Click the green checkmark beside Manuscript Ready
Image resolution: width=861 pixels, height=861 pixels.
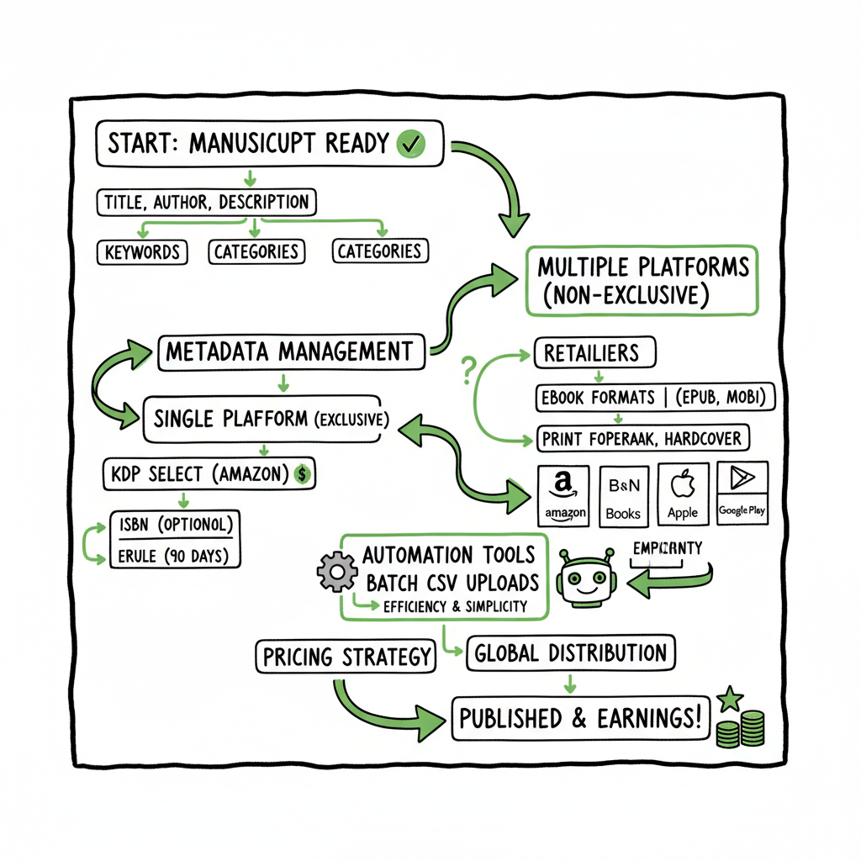pyautogui.click(x=410, y=144)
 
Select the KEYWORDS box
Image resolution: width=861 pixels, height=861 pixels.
pyautogui.click(x=141, y=251)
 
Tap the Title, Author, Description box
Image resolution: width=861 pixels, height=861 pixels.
pyautogui.click(x=206, y=202)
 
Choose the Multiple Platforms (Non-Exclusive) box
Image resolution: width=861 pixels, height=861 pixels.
pyautogui.click(x=642, y=281)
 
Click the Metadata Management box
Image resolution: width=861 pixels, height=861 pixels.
pyautogui.click(x=289, y=351)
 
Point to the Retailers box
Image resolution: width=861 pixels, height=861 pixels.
pyautogui.click(x=595, y=352)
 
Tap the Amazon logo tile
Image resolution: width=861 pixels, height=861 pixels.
pyautogui.click(x=564, y=494)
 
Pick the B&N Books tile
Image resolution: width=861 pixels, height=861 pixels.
pyautogui.click(x=623, y=494)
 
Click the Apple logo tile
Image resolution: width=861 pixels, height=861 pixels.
pyautogui.click(x=683, y=494)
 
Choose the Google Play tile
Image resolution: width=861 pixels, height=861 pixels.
pyautogui.click(x=742, y=494)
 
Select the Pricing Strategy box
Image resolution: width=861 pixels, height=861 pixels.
pyautogui.click(x=346, y=657)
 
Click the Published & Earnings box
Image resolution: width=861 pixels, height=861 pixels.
pyautogui.click(x=580, y=718)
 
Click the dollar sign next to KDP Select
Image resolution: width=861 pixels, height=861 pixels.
pyautogui.click(x=304, y=475)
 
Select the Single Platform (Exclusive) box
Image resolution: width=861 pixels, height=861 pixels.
pyautogui.click(x=267, y=418)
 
